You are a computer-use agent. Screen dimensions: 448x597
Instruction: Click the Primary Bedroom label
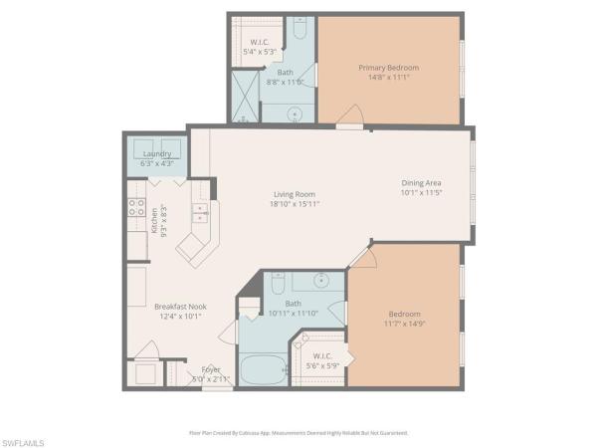click(388, 68)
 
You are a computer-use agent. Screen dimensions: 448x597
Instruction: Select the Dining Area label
click(421, 183)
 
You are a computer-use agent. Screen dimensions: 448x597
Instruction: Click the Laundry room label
click(157, 154)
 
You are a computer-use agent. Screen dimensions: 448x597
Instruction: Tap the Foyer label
click(211, 369)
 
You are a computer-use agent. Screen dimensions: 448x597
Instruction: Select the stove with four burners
click(135, 209)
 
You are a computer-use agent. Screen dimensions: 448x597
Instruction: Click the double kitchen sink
click(200, 213)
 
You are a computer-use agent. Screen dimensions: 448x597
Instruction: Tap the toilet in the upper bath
click(298, 29)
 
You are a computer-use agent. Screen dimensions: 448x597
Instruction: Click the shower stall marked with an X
click(244, 96)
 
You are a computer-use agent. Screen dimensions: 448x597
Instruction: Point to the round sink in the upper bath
click(296, 113)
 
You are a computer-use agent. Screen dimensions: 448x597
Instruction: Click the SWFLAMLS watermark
click(25, 439)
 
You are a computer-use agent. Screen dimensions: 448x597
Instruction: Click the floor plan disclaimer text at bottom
click(298, 433)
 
